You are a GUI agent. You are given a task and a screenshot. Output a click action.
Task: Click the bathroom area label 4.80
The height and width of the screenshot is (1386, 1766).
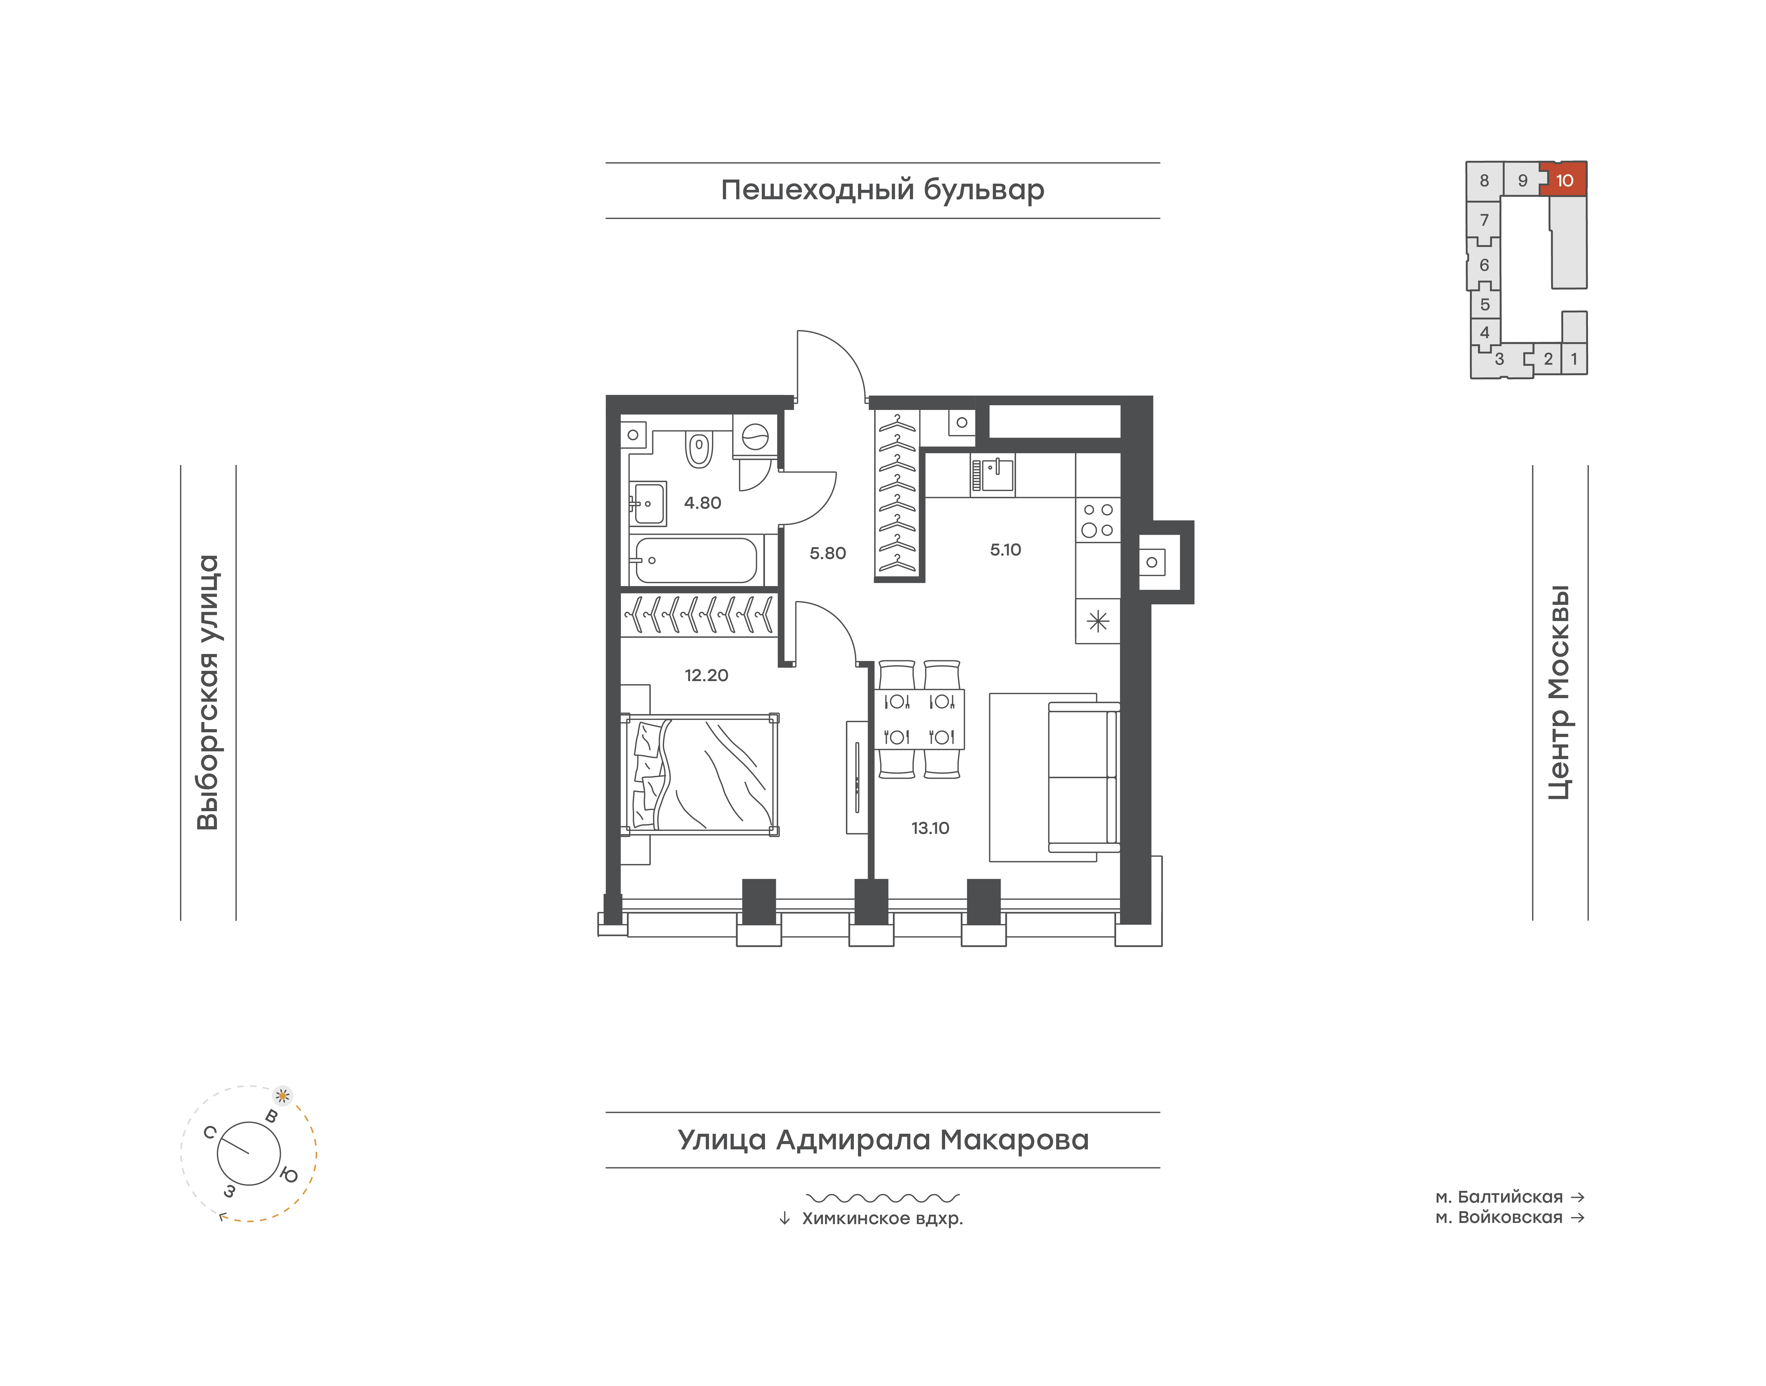[702, 503]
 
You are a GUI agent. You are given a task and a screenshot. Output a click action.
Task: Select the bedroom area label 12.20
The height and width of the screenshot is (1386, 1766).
[706, 675]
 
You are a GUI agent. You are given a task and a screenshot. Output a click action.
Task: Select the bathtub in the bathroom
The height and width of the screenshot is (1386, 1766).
[696, 560]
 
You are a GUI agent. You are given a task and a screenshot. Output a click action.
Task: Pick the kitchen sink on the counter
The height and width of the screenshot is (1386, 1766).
[992, 475]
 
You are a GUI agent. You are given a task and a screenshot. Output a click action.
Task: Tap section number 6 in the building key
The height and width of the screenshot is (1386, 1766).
[1484, 265]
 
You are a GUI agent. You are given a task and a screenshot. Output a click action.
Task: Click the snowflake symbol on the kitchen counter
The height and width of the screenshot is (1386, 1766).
[1097, 622]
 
